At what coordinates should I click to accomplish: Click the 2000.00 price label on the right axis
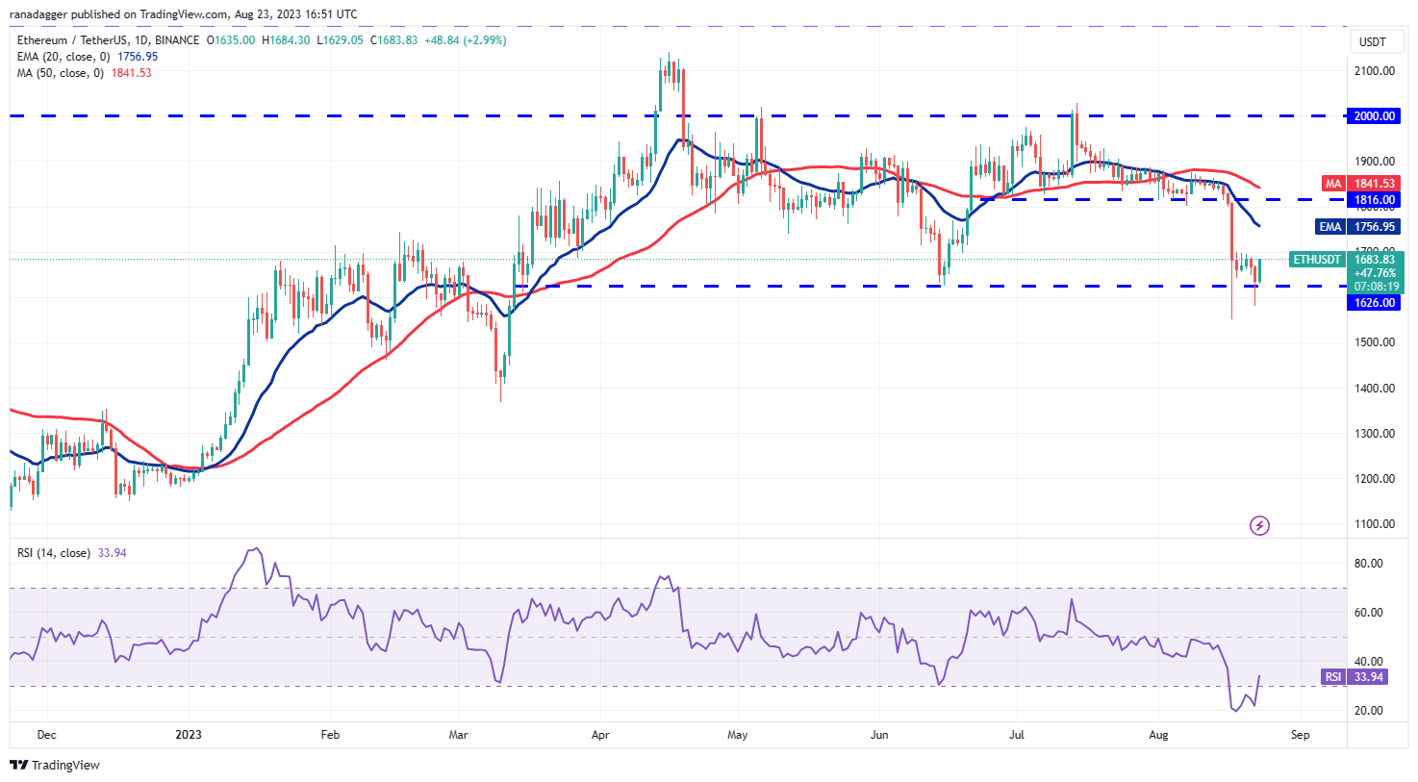point(1375,116)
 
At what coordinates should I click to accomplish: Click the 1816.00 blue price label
point(1375,200)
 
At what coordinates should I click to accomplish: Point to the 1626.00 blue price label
point(1375,303)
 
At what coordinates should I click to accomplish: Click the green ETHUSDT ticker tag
point(1317,260)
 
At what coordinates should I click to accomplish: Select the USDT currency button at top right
point(1372,42)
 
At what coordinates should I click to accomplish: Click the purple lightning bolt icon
point(1259,525)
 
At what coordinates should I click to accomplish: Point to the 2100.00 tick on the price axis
point(1375,71)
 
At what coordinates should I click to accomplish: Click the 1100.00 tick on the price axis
point(1375,524)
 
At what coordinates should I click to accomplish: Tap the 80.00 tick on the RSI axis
point(1368,564)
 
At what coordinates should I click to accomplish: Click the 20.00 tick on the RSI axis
point(1368,711)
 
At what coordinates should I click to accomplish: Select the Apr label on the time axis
point(600,735)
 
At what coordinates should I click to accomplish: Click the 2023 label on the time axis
point(189,735)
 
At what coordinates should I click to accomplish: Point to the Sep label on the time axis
point(1300,735)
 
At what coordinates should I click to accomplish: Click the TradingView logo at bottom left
point(55,766)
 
